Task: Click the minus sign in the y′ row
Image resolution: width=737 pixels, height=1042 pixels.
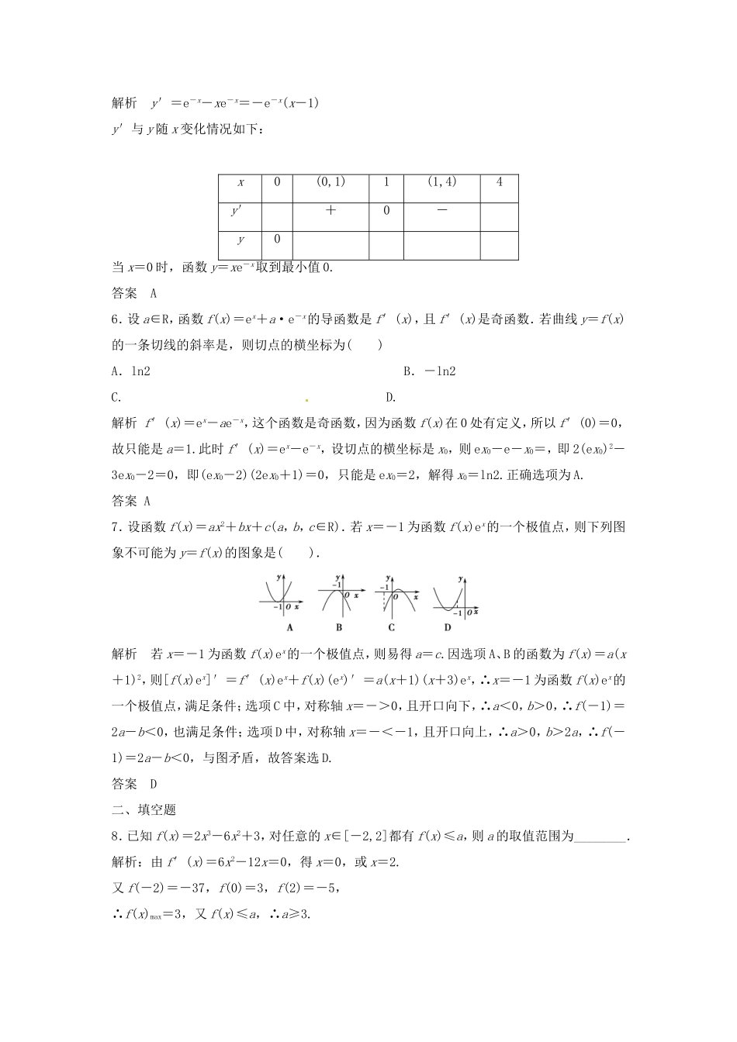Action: click(441, 210)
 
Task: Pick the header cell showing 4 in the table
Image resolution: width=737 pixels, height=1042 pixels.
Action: click(499, 182)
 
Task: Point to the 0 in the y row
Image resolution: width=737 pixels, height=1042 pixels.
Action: click(277, 239)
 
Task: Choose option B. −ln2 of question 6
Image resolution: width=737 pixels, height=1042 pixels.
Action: click(430, 371)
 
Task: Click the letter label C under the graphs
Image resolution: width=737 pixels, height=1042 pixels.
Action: click(392, 627)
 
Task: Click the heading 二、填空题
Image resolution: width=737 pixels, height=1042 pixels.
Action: click(144, 809)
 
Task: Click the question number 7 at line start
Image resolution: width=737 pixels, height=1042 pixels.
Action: click(116, 527)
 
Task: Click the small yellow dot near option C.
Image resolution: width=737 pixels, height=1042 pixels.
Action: click(306, 400)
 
